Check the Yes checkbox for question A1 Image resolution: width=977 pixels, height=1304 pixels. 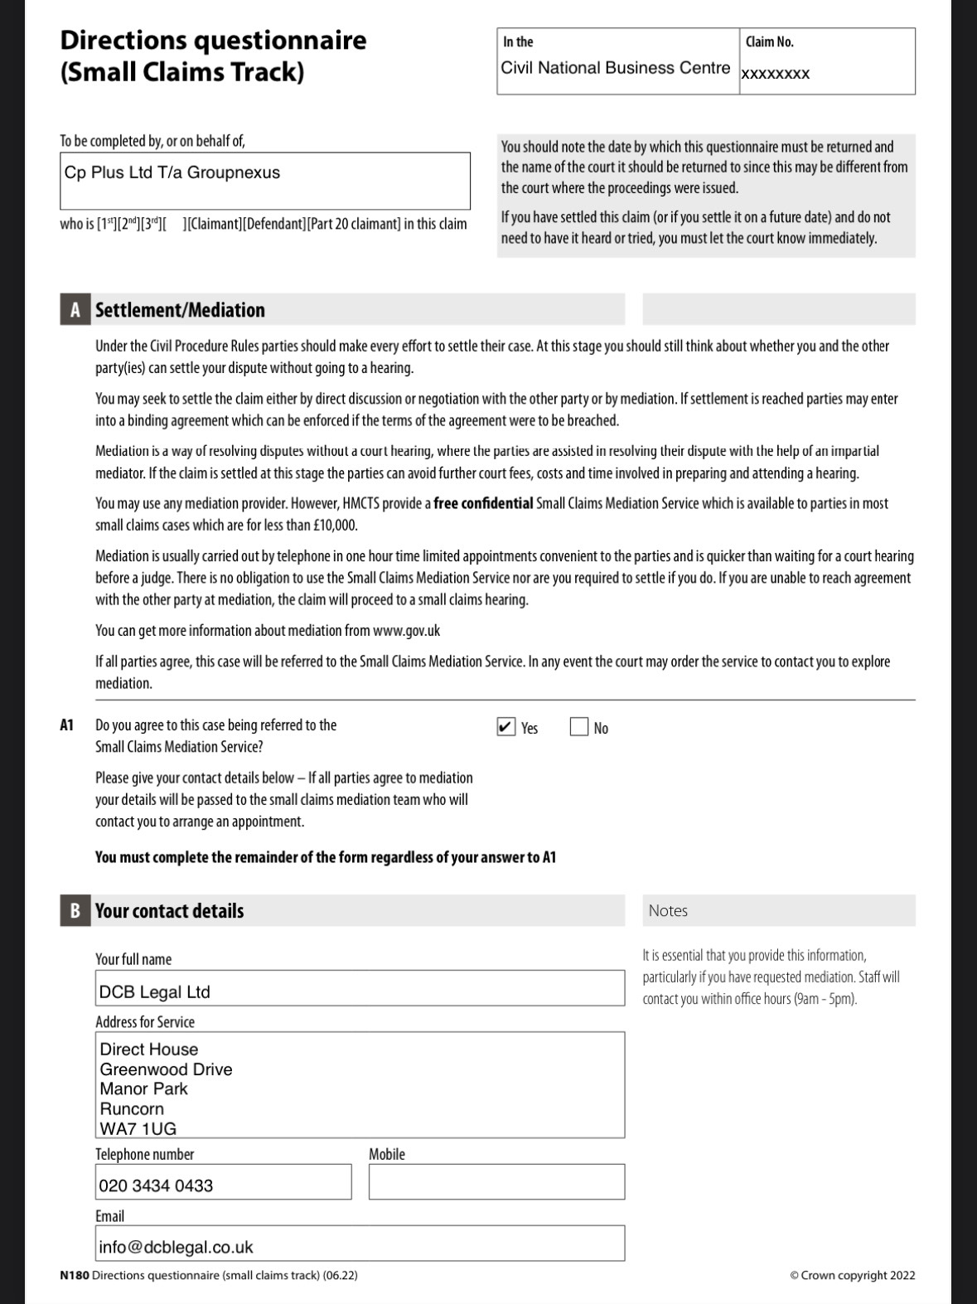(x=506, y=727)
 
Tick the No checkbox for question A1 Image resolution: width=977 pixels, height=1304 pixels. (x=578, y=727)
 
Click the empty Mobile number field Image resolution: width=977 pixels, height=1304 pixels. (x=496, y=1181)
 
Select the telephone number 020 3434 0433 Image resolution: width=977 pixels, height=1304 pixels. (x=156, y=1185)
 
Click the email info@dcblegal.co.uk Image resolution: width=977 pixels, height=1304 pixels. (x=176, y=1247)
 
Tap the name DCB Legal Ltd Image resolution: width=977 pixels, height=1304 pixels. (x=154, y=991)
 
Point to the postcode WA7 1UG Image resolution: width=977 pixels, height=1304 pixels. (x=138, y=1128)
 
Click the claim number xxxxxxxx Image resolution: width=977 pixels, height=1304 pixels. (x=775, y=74)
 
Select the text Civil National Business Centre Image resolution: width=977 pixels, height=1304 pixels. (x=615, y=68)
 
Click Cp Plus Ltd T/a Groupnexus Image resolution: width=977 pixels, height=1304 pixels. (x=172, y=172)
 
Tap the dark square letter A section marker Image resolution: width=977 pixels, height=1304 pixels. (x=75, y=310)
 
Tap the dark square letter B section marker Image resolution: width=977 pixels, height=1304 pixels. (x=75, y=910)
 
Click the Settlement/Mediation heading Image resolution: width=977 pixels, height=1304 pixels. (x=180, y=310)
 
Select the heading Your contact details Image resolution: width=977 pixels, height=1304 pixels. (x=169, y=910)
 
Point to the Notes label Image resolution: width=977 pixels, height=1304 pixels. (x=668, y=910)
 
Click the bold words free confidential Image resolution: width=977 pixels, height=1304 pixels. (x=483, y=503)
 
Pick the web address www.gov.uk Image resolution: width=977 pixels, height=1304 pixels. (x=406, y=631)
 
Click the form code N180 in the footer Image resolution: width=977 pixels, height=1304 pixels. (x=74, y=1275)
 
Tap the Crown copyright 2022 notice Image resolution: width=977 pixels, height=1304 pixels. (x=853, y=1275)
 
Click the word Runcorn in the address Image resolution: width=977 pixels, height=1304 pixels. (x=132, y=1108)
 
